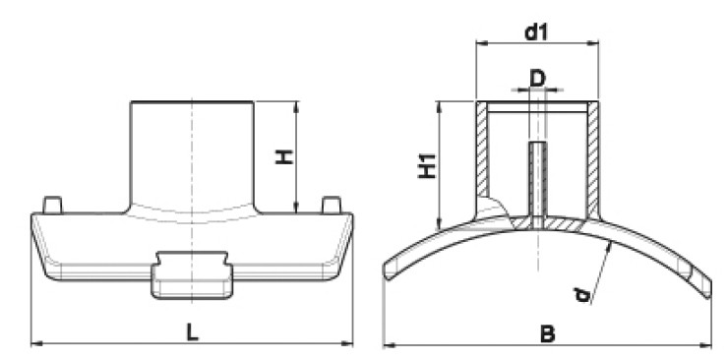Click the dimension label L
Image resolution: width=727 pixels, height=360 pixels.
192,331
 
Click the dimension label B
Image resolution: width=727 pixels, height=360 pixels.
548,333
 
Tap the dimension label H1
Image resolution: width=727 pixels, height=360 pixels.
427,165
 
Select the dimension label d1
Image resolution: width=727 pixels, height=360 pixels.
536,32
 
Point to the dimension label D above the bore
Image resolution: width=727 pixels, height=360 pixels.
537,79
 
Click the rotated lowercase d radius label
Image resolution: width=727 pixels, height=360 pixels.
582,295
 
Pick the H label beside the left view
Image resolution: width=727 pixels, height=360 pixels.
284,156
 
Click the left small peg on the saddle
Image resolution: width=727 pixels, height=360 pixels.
52,205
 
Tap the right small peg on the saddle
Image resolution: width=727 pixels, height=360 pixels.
332,205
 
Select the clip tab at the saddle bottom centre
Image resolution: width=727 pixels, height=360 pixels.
192,275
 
